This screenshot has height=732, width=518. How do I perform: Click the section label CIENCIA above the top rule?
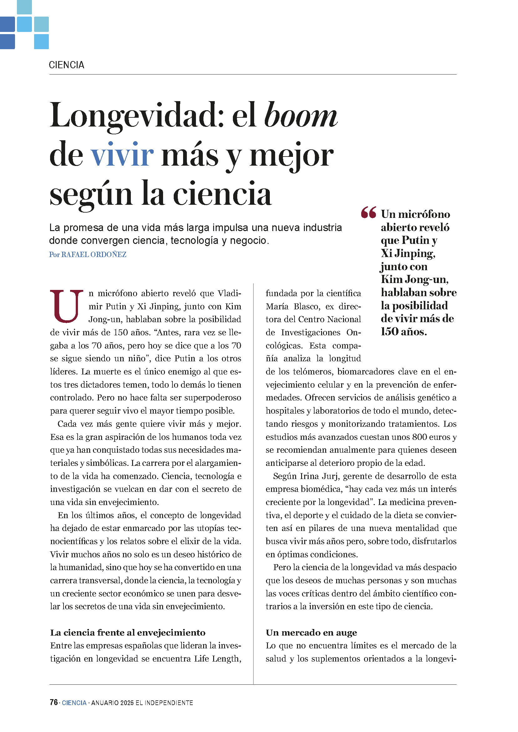coord(66,65)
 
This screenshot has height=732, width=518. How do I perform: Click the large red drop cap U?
coord(66,306)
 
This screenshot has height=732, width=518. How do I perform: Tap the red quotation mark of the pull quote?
coord(368,213)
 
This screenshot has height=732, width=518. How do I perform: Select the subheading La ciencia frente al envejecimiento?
coord(128,632)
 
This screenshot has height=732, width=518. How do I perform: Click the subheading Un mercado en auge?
coord(311,632)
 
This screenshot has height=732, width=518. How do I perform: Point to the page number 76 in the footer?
coord(54,702)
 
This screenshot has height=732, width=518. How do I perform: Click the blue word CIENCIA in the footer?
coord(74,703)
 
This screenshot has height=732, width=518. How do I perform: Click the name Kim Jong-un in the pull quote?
coord(414,280)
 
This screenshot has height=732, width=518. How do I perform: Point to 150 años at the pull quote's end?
coord(403,332)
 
